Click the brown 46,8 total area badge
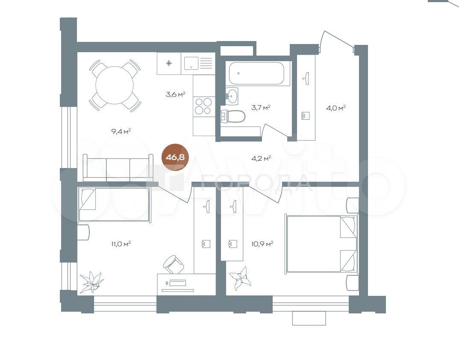point(175,157)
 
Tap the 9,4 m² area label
point(121,131)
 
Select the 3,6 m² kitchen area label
point(175,94)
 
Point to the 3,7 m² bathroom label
point(261,107)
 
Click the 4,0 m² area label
point(336,108)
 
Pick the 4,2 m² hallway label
point(261,159)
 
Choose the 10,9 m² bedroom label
point(262,243)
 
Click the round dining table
point(115,85)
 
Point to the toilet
point(233,116)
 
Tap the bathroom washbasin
point(232,95)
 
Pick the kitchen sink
point(191,63)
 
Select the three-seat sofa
point(118,167)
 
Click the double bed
point(322,244)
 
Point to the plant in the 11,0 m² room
point(91,282)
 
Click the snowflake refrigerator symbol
point(169,63)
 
